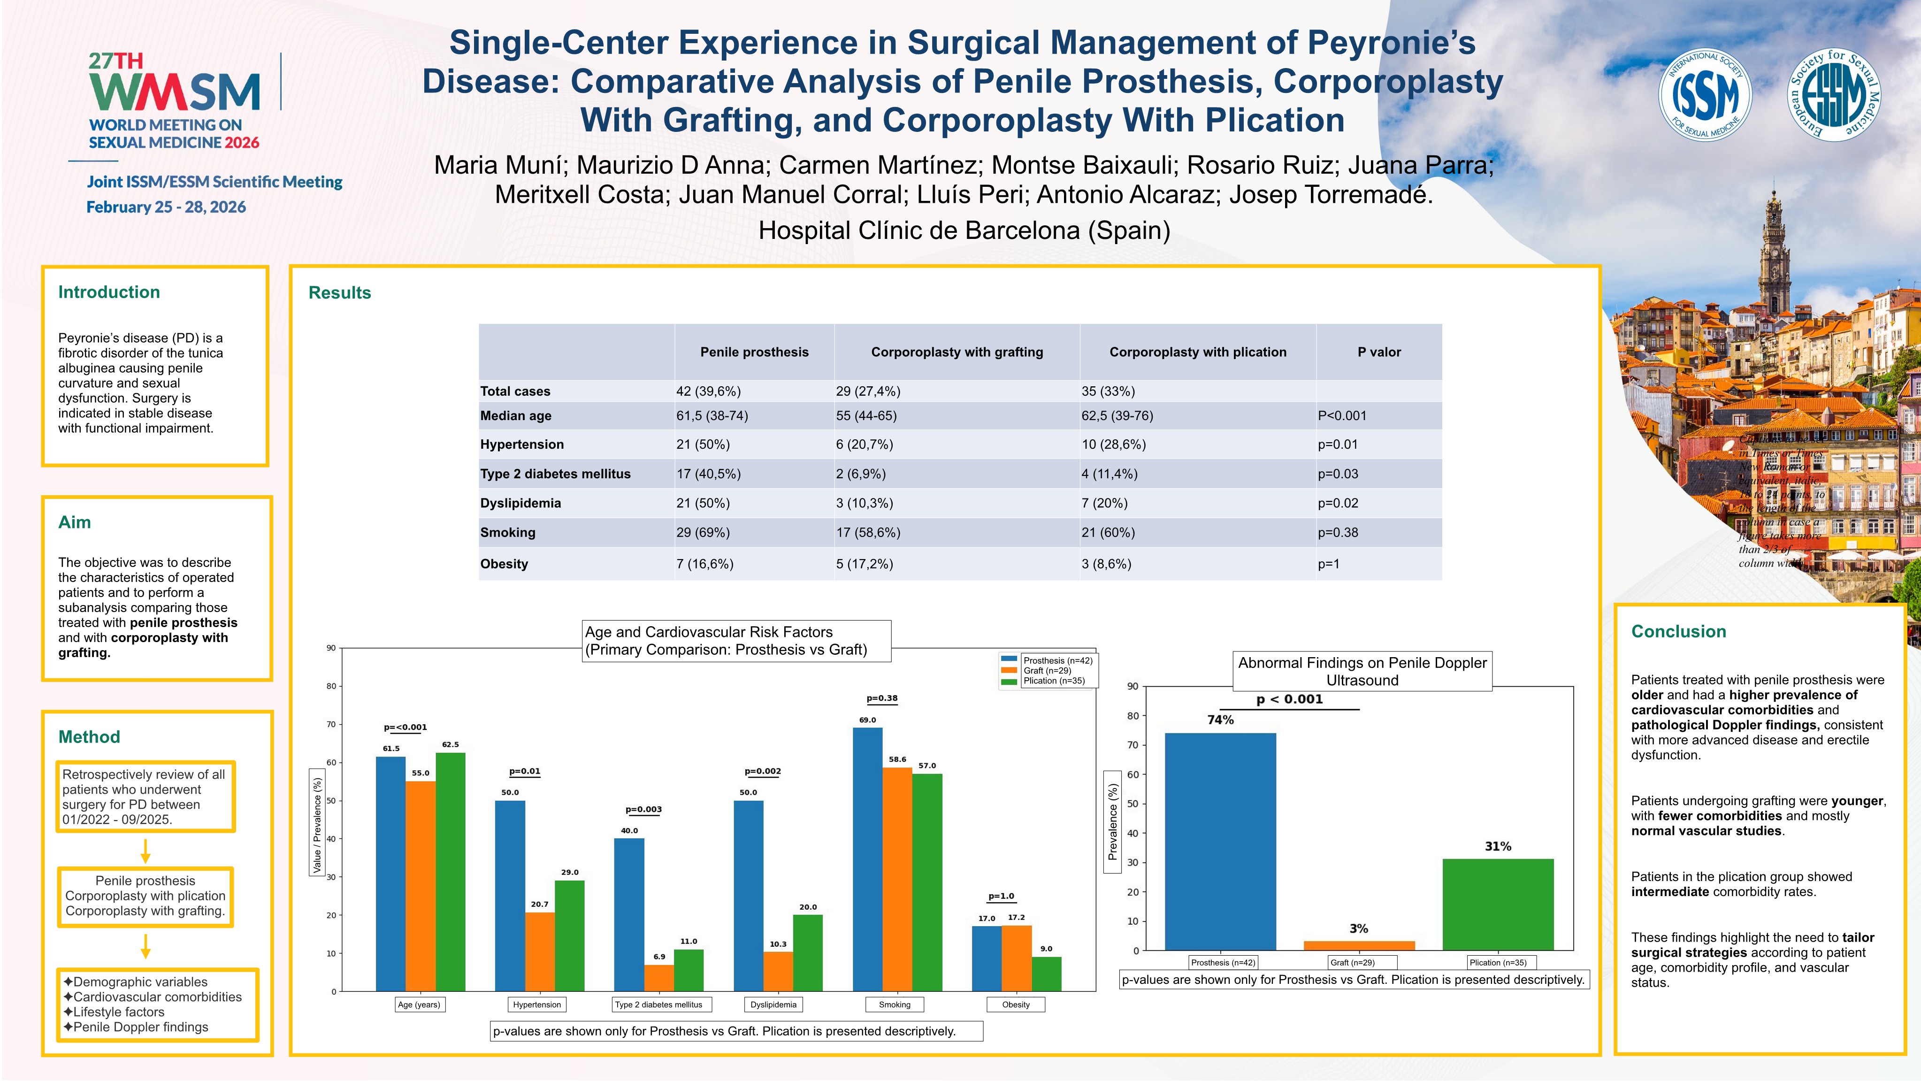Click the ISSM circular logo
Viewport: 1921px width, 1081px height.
[x=1704, y=95]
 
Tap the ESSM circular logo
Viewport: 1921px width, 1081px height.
[x=1834, y=95]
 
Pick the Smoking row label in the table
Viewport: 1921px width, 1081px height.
[x=508, y=533]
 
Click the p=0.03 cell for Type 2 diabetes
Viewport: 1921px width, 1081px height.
[x=1338, y=474]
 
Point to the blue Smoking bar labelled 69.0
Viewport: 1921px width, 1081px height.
[x=867, y=858]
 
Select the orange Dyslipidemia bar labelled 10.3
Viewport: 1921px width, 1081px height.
[x=778, y=971]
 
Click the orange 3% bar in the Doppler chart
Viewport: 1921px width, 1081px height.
[x=1359, y=945]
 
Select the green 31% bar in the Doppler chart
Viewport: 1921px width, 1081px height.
[x=1498, y=904]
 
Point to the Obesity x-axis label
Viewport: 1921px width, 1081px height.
[x=1016, y=1005]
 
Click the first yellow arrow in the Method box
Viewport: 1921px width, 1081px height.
[x=145, y=851]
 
